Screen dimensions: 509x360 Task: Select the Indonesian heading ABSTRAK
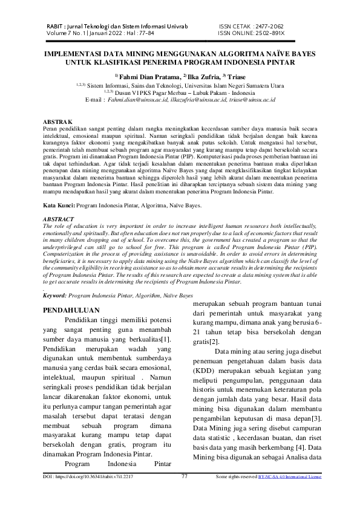(x=59, y=122)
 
